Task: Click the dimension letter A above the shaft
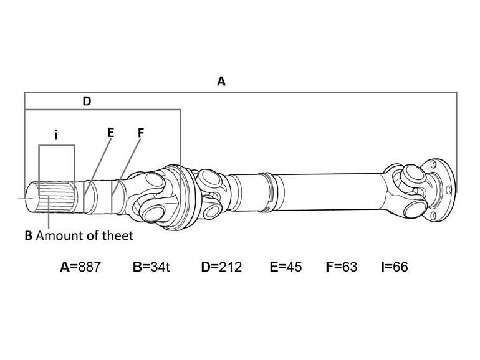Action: click(x=221, y=81)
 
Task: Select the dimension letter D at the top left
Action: click(x=87, y=101)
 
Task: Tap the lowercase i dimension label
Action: click(x=56, y=134)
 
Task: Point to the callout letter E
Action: click(x=111, y=132)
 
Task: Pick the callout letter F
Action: click(x=140, y=132)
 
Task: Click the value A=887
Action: click(x=80, y=267)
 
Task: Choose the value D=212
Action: click(x=221, y=267)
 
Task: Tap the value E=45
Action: click(x=286, y=267)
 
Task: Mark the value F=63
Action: click(x=342, y=267)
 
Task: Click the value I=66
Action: click(x=394, y=267)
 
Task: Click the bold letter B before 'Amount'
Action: click(x=28, y=236)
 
